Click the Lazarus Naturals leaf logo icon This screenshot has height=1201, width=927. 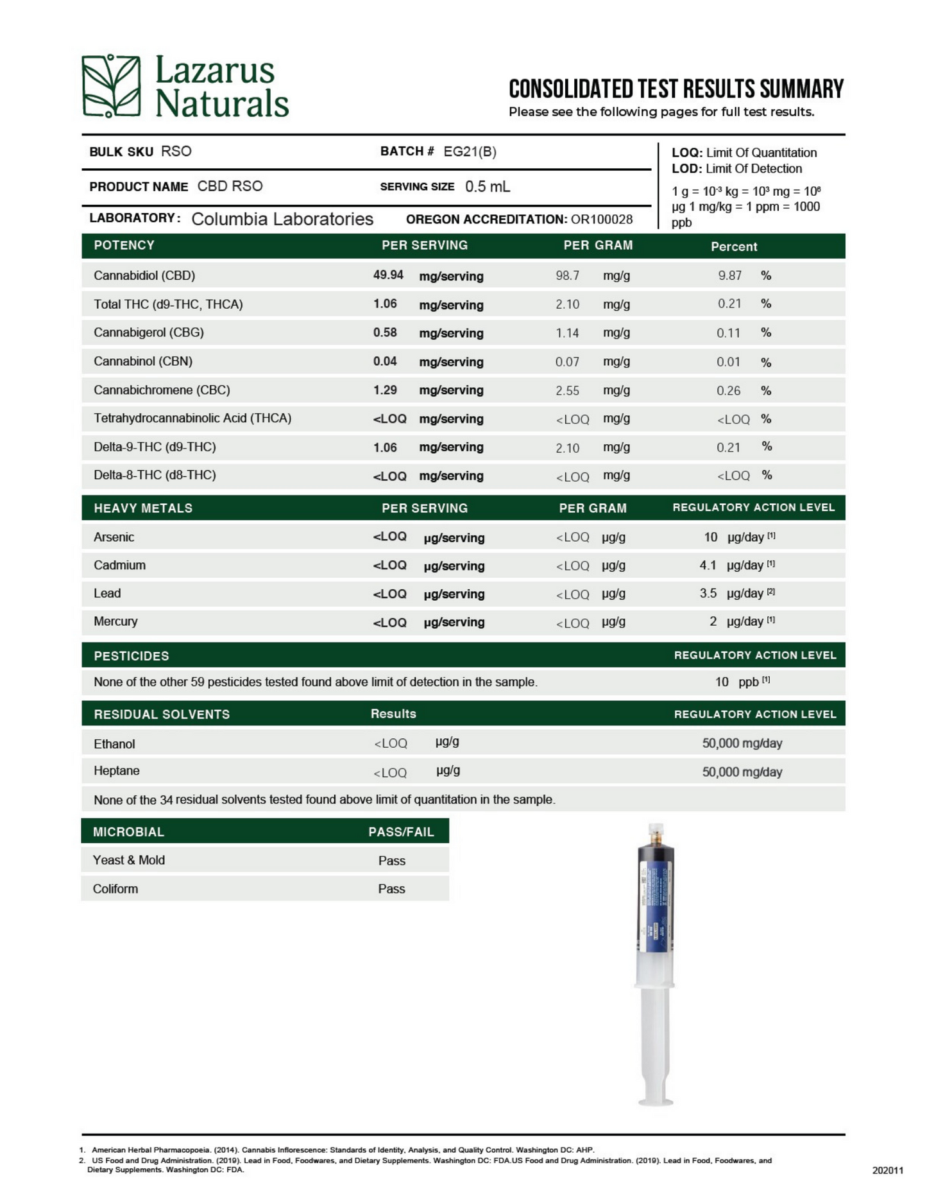(111, 86)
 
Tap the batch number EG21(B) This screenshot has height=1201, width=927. (470, 151)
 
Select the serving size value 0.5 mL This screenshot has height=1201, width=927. (488, 187)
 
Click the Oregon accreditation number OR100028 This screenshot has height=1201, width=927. (601, 220)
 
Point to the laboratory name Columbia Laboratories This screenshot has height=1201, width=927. (282, 219)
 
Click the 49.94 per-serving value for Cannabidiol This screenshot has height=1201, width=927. (388, 275)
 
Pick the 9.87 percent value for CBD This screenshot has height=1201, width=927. (729, 275)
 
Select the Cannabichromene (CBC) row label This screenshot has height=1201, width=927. (162, 390)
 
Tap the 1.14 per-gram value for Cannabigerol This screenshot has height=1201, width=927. (567, 333)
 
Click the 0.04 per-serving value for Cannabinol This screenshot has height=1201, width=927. (385, 361)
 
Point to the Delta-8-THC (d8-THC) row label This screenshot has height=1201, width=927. (155, 475)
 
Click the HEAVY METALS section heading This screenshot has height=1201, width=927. (143, 508)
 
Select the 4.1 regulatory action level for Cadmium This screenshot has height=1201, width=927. (708, 565)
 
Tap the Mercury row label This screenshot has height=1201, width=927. (115, 621)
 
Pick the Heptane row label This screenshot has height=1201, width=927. (116, 770)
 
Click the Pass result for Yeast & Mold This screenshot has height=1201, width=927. (391, 860)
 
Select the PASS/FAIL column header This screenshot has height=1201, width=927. (401, 832)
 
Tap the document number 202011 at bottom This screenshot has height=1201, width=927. (887, 1170)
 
